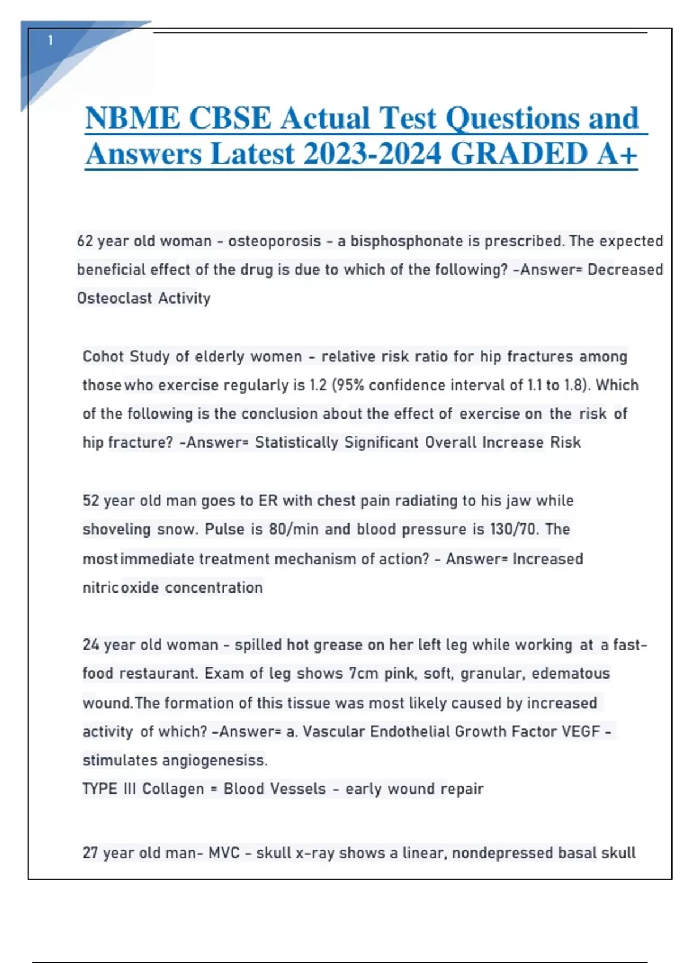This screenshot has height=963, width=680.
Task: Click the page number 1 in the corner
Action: (50, 40)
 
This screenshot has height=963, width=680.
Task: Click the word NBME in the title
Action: (133, 118)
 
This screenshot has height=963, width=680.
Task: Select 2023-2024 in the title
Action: (372, 154)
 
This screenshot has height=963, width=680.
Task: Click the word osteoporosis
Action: (275, 241)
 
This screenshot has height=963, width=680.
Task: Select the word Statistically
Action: (296, 442)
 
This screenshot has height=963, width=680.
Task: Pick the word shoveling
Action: (117, 529)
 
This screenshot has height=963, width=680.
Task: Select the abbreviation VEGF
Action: (580, 732)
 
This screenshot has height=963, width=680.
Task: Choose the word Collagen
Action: (173, 789)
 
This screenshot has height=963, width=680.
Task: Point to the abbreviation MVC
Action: (224, 853)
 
